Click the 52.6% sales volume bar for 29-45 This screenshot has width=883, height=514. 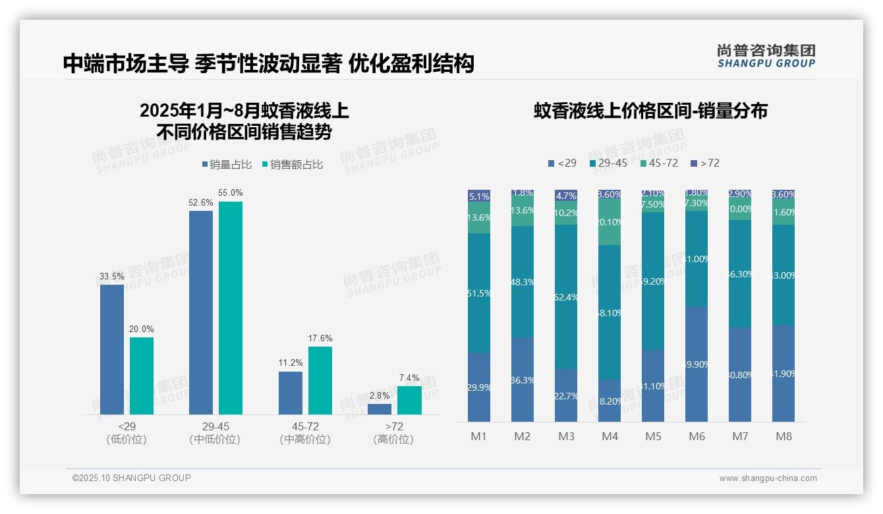(x=201, y=313)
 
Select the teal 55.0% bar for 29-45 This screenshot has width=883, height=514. (x=231, y=308)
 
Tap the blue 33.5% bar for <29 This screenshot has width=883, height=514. (x=112, y=349)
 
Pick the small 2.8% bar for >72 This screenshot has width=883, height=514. (x=380, y=409)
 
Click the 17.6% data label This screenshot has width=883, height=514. (x=320, y=339)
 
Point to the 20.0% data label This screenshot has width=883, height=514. (x=142, y=329)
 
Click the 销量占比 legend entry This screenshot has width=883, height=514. (x=226, y=165)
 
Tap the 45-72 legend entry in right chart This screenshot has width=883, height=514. (x=659, y=163)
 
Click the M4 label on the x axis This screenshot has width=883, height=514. (x=610, y=436)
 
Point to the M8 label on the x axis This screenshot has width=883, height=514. (x=783, y=436)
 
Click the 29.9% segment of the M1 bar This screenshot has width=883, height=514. (x=479, y=387)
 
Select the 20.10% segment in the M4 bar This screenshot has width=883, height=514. (x=610, y=222)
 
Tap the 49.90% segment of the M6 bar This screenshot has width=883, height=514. (x=697, y=364)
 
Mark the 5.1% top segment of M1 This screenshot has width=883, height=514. (x=479, y=196)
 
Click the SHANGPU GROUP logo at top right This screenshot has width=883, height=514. (x=766, y=56)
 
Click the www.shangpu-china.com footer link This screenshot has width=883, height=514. (x=768, y=478)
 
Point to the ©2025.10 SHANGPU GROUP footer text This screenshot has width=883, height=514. (x=132, y=478)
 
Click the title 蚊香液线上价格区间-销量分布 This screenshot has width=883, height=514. (x=650, y=111)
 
